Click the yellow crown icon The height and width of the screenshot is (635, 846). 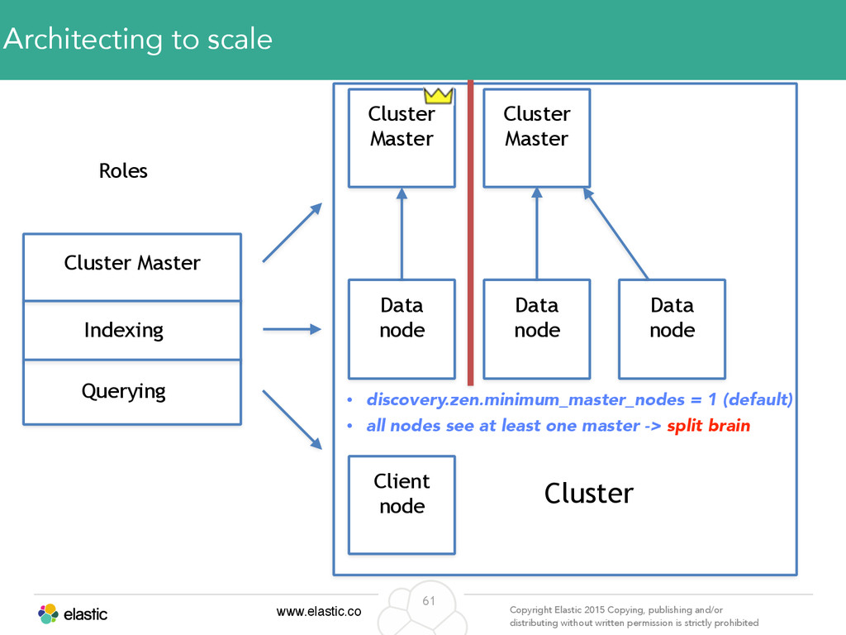click(438, 96)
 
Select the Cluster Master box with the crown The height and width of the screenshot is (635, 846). click(402, 138)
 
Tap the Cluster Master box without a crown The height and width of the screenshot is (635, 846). click(537, 138)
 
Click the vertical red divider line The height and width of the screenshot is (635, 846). click(470, 232)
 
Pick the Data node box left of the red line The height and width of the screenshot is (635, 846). click(402, 329)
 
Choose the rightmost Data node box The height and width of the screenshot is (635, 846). click(672, 329)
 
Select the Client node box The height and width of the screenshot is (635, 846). click(402, 505)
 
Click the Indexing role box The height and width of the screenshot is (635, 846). click(132, 331)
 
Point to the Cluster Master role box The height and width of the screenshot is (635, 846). click(132, 267)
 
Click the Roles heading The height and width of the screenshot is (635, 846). click(123, 171)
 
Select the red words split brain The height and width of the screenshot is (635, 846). click(708, 426)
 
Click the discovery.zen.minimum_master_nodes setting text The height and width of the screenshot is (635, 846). click(525, 399)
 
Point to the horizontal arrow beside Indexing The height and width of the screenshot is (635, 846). click(292, 329)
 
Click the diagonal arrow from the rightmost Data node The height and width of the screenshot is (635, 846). click(615, 233)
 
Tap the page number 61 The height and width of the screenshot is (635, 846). click(429, 601)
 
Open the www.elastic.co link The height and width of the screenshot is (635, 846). click(319, 612)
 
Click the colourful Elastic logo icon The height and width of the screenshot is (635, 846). click(48, 614)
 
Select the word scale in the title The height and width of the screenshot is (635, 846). click(240, 40)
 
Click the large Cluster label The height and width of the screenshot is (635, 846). click(588, 494)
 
